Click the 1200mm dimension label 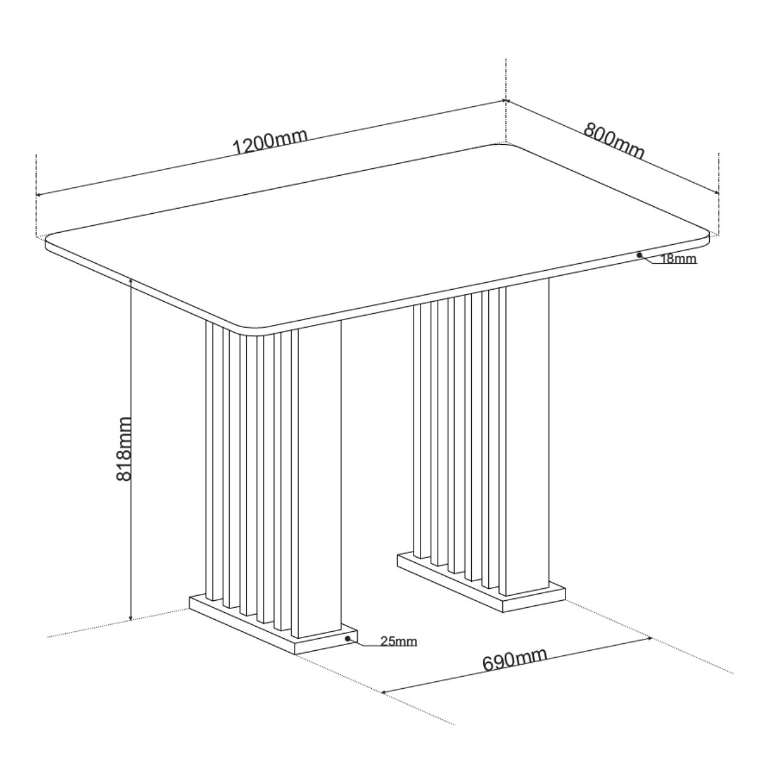[270, 142]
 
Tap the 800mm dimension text [614, 140]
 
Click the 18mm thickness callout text [678, 259]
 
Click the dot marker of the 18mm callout [639, 255]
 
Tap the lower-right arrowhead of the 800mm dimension [715, 192]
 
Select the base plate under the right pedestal [481, 581]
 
